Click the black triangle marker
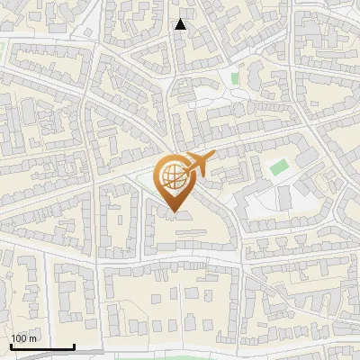click(181, 24)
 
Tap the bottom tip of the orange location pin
click(173, 213)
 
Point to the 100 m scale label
click(24, 338)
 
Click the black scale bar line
click(42, 347)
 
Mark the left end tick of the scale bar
click(11, 346)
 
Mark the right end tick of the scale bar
click(74, 346)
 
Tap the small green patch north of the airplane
click(235, 78)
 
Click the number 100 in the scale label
click(20, 338)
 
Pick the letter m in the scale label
click(33, 338)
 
